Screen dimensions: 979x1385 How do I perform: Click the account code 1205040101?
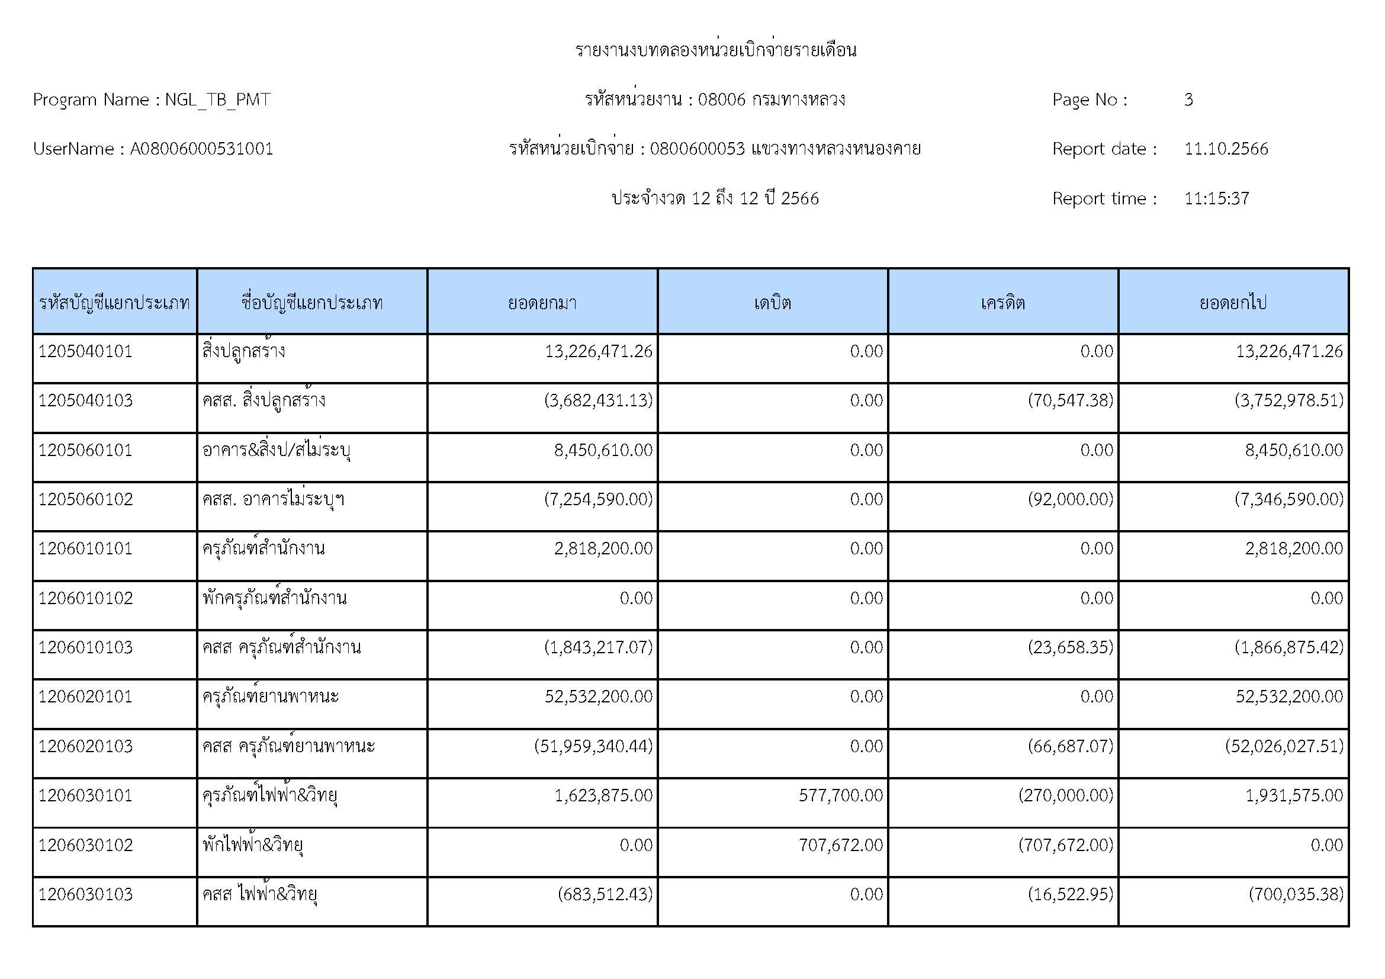coord(86,351)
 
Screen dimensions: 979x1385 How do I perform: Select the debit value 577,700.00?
coord(840,795)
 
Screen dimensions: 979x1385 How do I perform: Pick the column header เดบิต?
coord(772,302)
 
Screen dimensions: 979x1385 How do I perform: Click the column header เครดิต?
coord(1002,302)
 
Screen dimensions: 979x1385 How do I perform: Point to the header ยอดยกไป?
coord(1232,302)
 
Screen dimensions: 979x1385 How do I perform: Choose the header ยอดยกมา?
coord(542,302)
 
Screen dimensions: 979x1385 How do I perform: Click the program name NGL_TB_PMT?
coord(217,99)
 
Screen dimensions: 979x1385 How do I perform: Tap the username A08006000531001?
coord(201,149)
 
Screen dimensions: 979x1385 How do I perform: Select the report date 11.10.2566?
coord(1226,149)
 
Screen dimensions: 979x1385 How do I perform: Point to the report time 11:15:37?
coord(1216,198)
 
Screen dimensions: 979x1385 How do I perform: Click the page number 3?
coord(1188,99)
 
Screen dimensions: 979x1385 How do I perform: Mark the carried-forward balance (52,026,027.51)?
coord(1284,746)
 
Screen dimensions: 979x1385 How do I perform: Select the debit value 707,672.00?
coord(840,845)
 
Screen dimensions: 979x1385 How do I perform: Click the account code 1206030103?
coord(86,894)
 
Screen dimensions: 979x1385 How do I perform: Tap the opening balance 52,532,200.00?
coord(598,696)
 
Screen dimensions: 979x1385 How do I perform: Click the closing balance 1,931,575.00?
coord(1294,795)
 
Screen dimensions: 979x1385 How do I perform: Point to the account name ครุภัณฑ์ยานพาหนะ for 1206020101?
coord(270,696)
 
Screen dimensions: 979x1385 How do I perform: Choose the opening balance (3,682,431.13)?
coord(598,400)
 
